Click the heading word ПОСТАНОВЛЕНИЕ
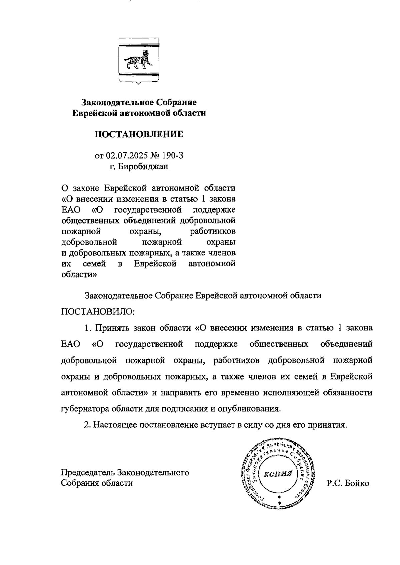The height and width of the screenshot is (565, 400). coord(139,134)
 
